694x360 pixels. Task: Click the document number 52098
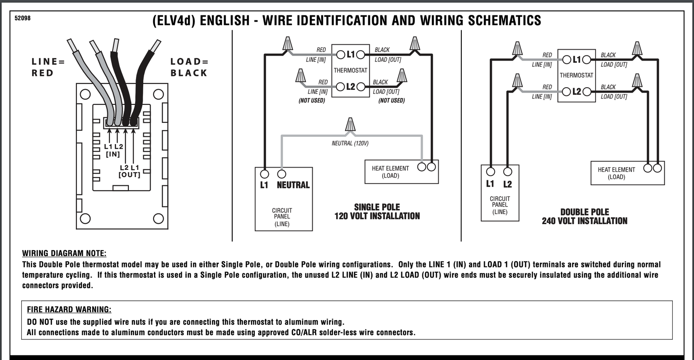pyautogui.click(x=23, y=19)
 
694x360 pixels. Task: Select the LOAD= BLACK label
pyautogui.click(x=189, y=67)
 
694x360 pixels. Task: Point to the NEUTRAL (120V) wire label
pyautogui.click(x=350, y=144)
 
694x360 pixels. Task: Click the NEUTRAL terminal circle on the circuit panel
pyautogui.click(x=281, y=174)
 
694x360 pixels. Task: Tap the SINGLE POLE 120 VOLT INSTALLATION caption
pyautogui.click(x=377, y=211)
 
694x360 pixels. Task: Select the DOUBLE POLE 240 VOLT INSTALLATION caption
pyautogui.click(x=584, y=216)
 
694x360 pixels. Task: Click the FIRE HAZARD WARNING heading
pyautogui.click(x=69, y=309)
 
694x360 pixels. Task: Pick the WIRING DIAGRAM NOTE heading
pyautogui.click(x=65, y=253)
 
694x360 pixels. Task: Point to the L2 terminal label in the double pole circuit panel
pyautogui.click(x=507, y=184)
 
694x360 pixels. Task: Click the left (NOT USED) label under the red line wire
pyautogui.click(x=312, y=101)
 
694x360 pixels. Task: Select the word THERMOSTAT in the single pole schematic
pyautogui.click(x=350, y=70)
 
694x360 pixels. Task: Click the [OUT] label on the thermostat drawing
pyautogui.click(x=129, y=175)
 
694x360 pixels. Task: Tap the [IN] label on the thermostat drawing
pyautogui.click(x=113, y=154)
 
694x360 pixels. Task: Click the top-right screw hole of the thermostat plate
pyautogui.click(x=158, y=94)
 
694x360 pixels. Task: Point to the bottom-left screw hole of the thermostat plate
pyautogui.click(x=84, y=219)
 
